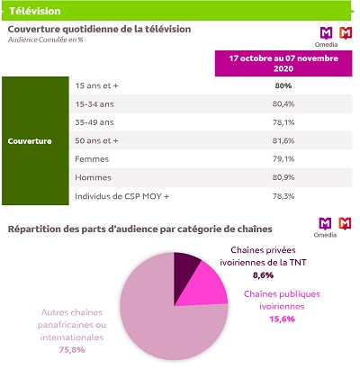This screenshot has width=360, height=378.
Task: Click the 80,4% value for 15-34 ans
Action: point(283,104)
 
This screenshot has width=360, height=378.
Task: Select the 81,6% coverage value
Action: point(283,140)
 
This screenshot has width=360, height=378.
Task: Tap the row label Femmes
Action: point(92,159)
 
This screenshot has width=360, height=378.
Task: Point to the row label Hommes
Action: point(93,177)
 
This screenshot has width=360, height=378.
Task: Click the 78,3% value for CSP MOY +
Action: point(283,196)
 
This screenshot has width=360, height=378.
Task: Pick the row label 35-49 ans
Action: point(94,122)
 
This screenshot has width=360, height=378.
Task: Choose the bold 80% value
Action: point(283,85)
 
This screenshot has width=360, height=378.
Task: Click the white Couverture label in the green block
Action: point(30,141)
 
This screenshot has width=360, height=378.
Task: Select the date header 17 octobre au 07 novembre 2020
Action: point(283,63)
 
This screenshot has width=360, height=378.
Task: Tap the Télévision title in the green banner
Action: point(35,11)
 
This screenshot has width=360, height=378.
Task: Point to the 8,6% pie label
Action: point(263,275)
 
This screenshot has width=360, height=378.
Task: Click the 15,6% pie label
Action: point(282,319)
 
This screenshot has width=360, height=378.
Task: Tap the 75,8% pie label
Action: point(72,350)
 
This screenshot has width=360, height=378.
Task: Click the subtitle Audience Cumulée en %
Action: point(45,40)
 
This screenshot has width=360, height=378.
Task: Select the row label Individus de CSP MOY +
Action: point(122,196)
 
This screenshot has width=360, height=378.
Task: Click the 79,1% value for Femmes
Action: point(283,159)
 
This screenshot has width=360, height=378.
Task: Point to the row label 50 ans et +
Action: point(96,140)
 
